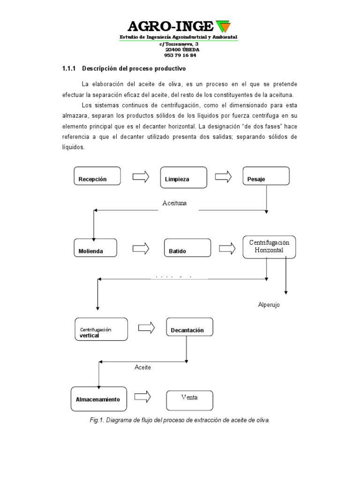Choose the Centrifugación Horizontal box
(269, 247)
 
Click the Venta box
(189, 400)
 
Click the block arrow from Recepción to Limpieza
(141, 177)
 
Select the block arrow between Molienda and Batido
(140, 248)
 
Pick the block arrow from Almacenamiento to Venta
(142, 397)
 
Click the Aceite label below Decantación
(142, 367)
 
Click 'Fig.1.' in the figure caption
(97, 420)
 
